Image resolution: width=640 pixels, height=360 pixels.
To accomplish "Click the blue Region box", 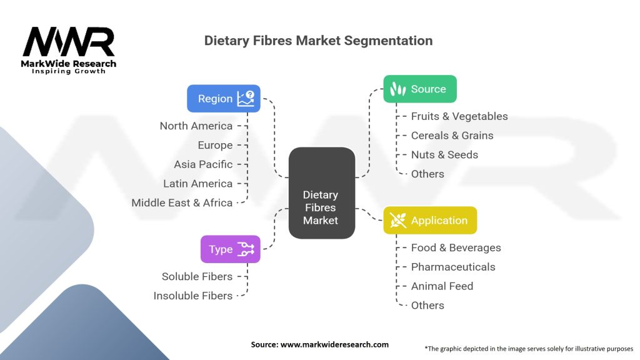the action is click(224, 98).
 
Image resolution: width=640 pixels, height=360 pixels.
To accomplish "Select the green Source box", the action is click(420, 89).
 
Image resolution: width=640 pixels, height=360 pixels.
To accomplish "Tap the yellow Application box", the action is click(430, 221).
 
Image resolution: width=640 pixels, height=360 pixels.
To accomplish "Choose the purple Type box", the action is click(230, 249).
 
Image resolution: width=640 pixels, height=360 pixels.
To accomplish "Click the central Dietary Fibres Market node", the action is click(322, 193).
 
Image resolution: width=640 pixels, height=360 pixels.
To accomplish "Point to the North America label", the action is click(196, 126).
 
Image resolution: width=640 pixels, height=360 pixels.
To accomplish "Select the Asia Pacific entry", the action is click(203, 164).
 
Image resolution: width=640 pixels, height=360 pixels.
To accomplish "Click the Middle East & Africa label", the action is click(182, 202).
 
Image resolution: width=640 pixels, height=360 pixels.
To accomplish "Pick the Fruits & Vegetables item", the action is click(459, 116).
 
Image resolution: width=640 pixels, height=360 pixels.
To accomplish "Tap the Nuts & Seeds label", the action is click(444, 155).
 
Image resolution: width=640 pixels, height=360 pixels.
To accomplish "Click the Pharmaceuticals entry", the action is click(453, 267).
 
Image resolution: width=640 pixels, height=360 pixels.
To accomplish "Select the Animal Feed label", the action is click(442, 286).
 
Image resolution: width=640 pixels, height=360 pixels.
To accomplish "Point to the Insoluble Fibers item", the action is click(193, 296).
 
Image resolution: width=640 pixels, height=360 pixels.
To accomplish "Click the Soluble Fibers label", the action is click(197, 276).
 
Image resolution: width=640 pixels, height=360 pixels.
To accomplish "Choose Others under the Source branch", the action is click(427, 174).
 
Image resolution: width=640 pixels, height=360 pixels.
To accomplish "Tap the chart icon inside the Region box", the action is click(246, 98).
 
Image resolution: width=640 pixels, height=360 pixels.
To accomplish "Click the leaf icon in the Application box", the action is click(397, 221).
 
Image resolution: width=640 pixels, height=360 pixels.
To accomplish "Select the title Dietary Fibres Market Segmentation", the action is click(318, 41).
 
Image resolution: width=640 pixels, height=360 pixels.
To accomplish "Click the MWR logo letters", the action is click(69, 41).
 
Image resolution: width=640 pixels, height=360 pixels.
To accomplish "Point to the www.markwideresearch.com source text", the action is click(334, 344).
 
